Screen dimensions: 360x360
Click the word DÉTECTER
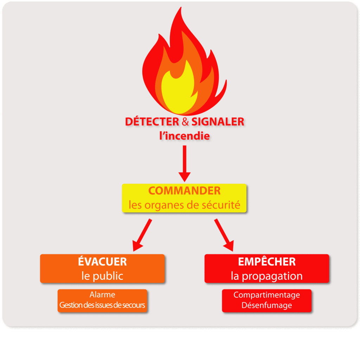pyautogui.click(x=152, y=122)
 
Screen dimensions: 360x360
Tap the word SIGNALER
pyautogui.click(x=218, y=122)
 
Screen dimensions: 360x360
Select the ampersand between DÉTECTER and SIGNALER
pyautogui.click(x=186, y=122)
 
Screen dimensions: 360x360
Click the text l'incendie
pyautogui.click(x=185, y=136)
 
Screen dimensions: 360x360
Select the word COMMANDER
pyautogui.click(x=185, y=191)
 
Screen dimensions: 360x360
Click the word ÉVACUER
pyautogui.click(x=102, y=262)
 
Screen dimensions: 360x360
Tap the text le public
pyautogui.click(x=102, y=276)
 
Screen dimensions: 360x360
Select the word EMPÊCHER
pyautogui.click(x=267, y=262)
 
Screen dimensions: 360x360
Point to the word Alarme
pyautogui.click(x=102, y=295)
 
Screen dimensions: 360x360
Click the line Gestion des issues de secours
pyautogui.click(x=102, y=305)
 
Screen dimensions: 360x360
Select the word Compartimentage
pyautogui.click(x=267, y=295)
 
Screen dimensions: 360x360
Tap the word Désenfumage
pyautogui.click(x=267, y=305)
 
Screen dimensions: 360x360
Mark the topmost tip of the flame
pyautogui.click(x=181, y=8)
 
